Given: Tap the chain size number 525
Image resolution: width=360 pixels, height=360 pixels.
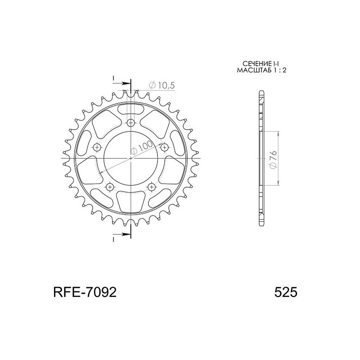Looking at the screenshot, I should coord(285,292).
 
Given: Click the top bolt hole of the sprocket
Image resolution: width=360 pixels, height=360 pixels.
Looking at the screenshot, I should coord(131,122).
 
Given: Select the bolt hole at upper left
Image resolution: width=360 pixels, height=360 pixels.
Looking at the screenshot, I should coord(97,147).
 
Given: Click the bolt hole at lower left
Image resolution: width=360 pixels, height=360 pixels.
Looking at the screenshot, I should coord(110,186).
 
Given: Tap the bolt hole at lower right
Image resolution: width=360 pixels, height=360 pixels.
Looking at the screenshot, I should coord(152,186).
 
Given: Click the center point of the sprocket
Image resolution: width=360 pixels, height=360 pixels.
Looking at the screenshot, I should coord(131,158).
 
